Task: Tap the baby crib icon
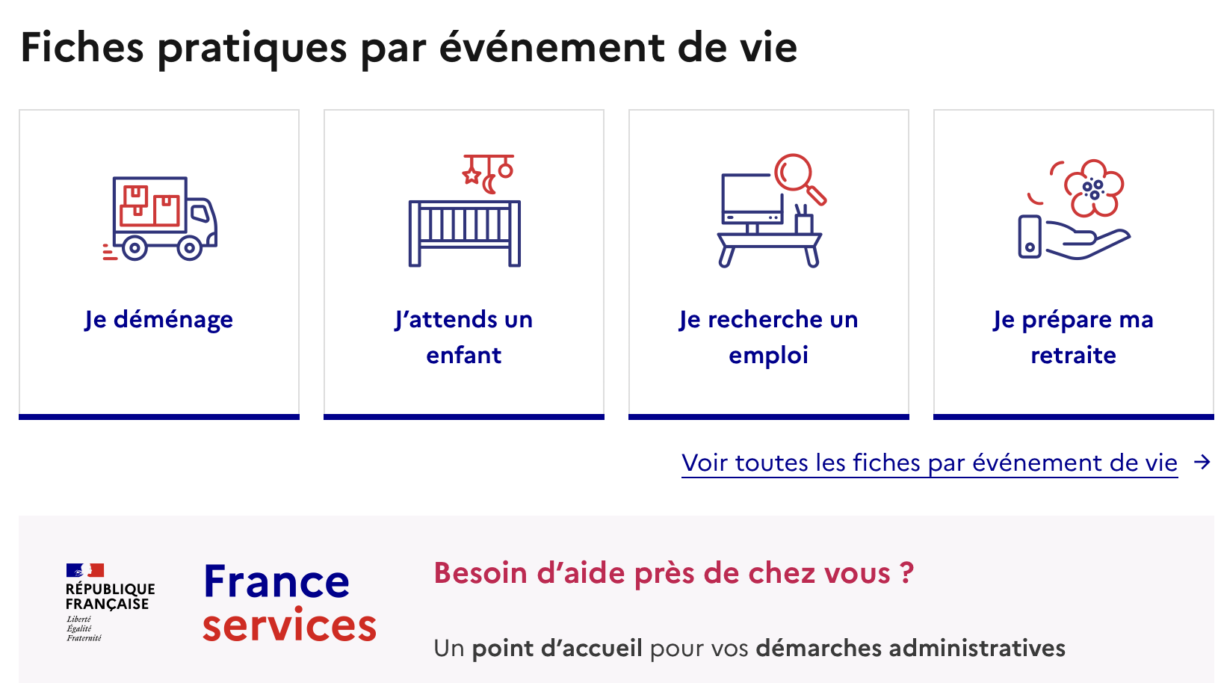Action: click(464, 234)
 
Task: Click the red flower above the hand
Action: click(1093, 188)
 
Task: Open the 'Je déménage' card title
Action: click(158, 319)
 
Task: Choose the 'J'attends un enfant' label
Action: click(464, 337)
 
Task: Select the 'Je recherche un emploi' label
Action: click(768, 337)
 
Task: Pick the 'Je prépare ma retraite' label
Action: click(1073, 337)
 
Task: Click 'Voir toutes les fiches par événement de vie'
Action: click(930, 463)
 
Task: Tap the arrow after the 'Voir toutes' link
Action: click(1202, 463)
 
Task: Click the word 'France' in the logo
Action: click(276, 581)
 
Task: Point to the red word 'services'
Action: click(289, 625)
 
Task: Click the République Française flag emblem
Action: click(85, 570)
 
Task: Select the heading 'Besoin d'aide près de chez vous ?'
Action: click(674, 572)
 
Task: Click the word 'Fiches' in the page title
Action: click(82, 47)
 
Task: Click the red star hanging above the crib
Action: click(472, 175)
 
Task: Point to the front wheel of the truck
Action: click(190, 248)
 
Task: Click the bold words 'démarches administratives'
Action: click(910, 648)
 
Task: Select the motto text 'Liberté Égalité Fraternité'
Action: click(84, 628)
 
